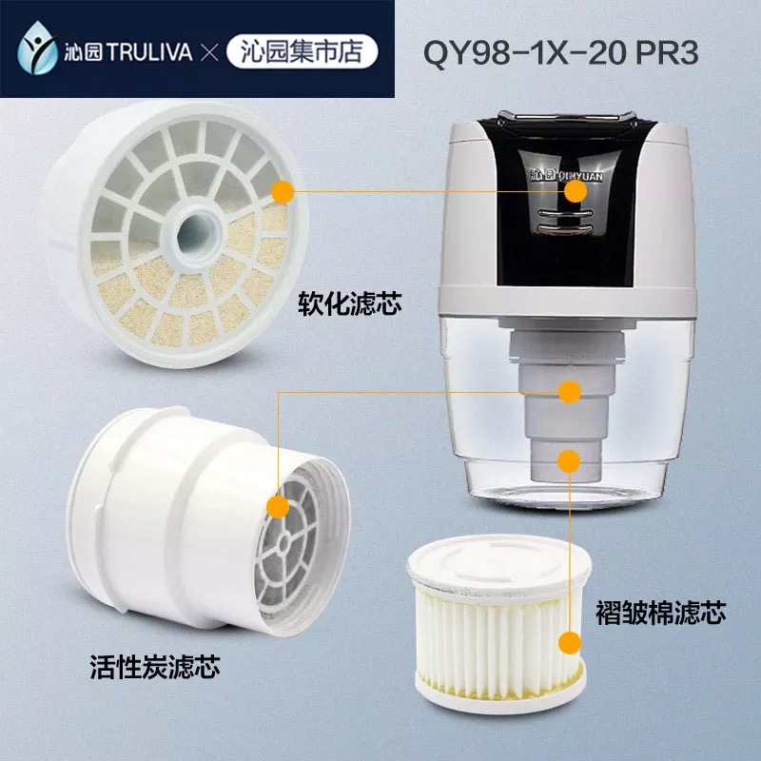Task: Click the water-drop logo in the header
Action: pyautogui.click(x=37, y=49)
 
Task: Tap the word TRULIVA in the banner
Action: pyautogui.click(x=149, y=52)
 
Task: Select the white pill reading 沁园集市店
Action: pyautogui.click(x=302, y=51)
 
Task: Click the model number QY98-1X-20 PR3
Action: pyautogui.click(x=560, y=52)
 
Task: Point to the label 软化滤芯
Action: pyautogui.click(x=350, y=304)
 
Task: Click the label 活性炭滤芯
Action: pyautogui.click(x=155, y=667)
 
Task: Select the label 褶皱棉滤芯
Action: pyautogui.click(x=660, y=612)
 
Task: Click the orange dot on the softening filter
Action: pyautogui.click(x=283, y=193)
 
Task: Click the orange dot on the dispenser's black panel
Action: pyautogui.click(x=576, y=191)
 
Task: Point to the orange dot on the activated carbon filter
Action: pyautogui.click(x=278, y=507)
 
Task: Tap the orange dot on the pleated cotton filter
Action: pyautogui.click(x=570, y=644)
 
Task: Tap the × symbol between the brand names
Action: pyautogui.click(x=209, y=52)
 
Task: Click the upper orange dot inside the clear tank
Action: pyautogui.click(x=570, y=391)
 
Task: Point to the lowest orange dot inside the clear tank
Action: pyautogui.click(x=569, y=461)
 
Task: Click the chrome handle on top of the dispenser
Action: pyautogui.click(x=566, y=118)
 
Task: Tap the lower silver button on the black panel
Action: pyautogui.click(x=566, y=228)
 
